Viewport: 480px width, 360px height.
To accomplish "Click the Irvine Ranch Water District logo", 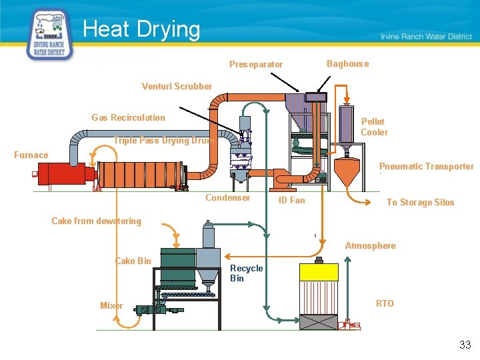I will tap(49, 35).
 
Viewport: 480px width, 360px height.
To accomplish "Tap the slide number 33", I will tap(465, 345).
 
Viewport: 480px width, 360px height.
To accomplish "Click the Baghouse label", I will tap(347, 64).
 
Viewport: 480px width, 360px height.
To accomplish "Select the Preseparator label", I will tap(256, 65).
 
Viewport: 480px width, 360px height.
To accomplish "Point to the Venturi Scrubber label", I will tap(177, 86).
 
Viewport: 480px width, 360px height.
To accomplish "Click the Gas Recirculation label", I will tap(128, 118).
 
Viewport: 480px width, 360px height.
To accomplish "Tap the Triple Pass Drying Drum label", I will tap(163, 141).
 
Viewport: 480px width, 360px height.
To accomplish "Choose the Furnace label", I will tap(31, 155).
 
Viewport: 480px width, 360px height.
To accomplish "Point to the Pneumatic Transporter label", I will tap(426, 167).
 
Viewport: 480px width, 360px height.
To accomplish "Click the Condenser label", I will tap(228, 198).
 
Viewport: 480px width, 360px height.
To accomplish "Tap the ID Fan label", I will tap(291, 200).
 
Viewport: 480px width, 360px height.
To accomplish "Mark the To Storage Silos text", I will tap(420, 203).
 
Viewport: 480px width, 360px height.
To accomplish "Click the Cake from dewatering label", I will tap(96, 221).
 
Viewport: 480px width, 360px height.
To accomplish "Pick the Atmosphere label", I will tap(370, 246).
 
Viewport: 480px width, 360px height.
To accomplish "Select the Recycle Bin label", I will tap(246, 273).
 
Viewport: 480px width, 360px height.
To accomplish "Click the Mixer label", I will tap(111, 306).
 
